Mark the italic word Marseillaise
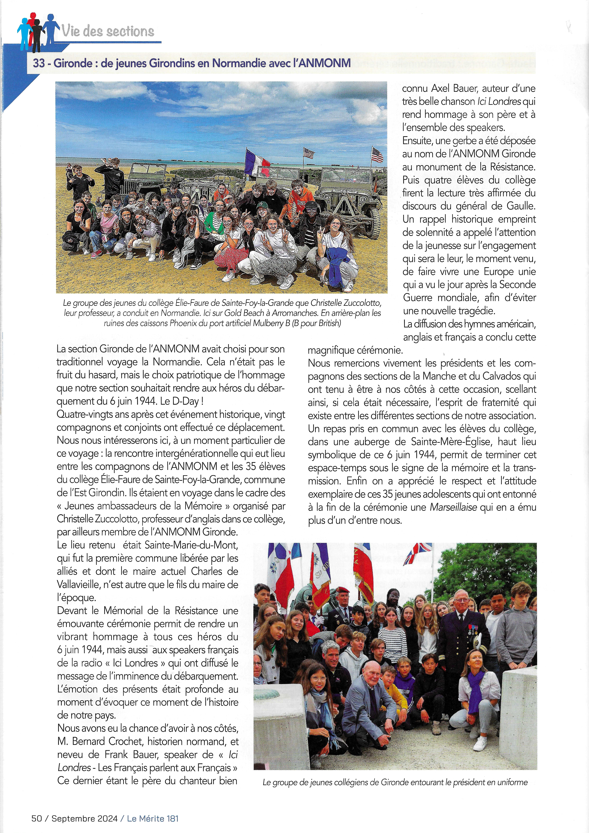coord(453,507)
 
